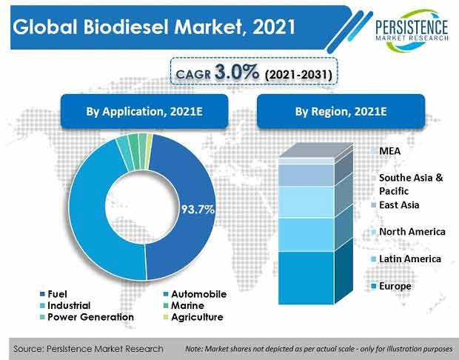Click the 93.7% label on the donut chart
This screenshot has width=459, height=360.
pos(198,210)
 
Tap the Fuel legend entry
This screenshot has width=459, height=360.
pos(53,294)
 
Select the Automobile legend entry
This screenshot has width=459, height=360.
pos(195,294)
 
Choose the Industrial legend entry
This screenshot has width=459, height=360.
pos(65,305)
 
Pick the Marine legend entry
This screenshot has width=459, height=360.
pos(184,305)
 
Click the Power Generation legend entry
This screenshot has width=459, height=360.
pos(87,317)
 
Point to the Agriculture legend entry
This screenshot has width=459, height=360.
pos(193,317)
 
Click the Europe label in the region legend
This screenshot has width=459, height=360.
pos(391,286)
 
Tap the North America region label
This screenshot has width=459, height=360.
pos(408,232)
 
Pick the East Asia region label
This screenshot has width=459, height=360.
pos(395,204)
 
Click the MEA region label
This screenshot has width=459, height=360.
pos(386,151)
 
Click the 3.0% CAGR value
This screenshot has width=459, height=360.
pos(237,72)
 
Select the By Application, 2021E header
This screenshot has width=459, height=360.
pos(144,111)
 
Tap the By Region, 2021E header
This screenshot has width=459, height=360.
pos(341,111)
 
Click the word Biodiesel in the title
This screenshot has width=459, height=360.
pos(126,27)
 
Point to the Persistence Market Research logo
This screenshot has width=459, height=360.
pos(412,30)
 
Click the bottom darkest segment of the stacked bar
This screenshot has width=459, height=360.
pos(306,278)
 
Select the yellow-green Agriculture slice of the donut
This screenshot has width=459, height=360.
pos(150,151)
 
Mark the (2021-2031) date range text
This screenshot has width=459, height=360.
pos(298,74)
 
